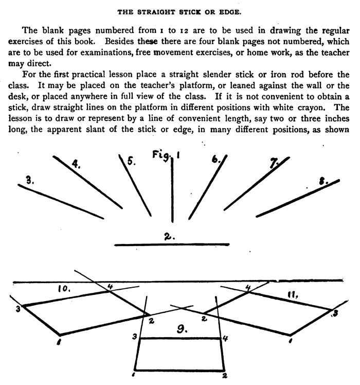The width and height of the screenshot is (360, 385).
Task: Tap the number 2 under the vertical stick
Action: (170, 237)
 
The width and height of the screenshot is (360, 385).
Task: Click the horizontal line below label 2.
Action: (171, 244)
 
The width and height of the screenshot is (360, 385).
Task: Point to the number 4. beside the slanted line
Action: (77, 165)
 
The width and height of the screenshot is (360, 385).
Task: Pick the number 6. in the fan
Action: (215, 160)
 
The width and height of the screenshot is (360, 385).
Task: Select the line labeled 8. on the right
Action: (298, 198)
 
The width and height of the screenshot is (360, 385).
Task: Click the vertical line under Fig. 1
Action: (172, 190)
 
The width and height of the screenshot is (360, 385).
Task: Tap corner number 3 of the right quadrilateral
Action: (334, 313)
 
